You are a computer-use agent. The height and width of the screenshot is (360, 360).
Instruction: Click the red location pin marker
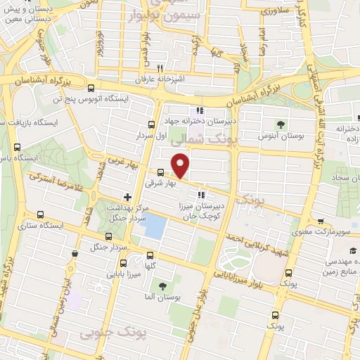(x=181, y=166)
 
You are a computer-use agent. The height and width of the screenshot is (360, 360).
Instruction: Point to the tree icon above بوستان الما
(x=163, y=286)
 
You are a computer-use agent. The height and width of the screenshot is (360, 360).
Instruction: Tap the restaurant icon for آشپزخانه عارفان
(x=160, y=68)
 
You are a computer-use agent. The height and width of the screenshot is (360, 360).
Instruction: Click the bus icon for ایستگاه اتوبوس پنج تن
(x=91, y=88)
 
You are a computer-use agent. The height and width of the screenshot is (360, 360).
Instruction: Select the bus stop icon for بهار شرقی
(x=160, y=172)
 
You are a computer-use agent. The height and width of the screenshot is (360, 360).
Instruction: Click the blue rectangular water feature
(x=155, y=226)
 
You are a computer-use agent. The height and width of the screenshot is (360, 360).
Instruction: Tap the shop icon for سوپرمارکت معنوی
(x=321, y=221)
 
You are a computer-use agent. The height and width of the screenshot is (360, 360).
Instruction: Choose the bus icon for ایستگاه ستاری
(x=40, y=214)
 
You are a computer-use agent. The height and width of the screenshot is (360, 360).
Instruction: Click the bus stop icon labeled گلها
(x=149, y=255)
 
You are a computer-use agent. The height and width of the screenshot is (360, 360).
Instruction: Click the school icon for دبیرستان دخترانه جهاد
(x=200, y=110)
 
